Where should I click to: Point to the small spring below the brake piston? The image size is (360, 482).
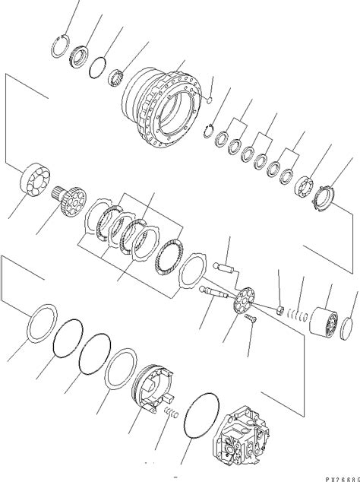click(x=174, y=414)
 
